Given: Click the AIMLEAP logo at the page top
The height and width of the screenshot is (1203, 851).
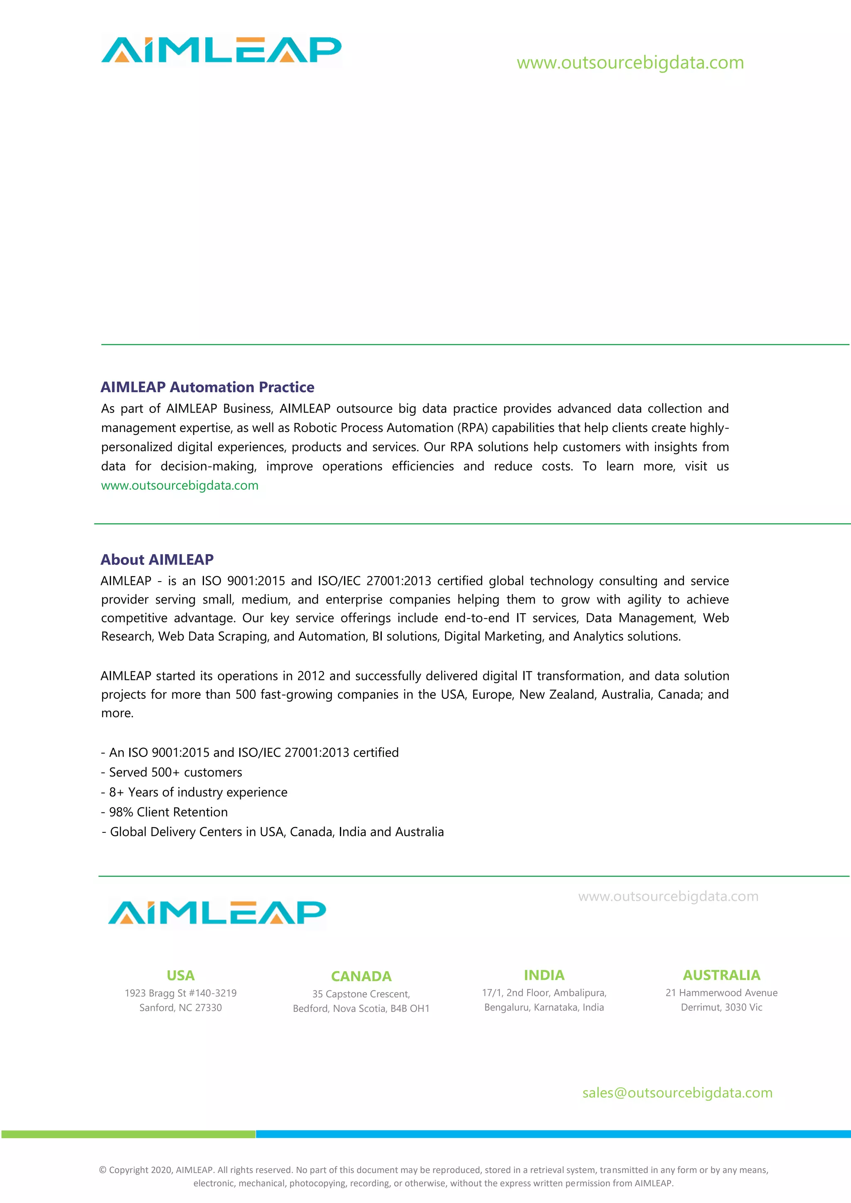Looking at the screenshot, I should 221,50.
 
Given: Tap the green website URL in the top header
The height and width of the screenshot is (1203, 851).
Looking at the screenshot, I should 630,63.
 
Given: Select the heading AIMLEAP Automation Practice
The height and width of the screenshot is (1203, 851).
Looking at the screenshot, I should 207,387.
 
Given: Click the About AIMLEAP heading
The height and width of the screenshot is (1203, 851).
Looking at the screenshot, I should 157,560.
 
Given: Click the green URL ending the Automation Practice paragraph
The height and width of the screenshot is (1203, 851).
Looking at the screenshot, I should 180,486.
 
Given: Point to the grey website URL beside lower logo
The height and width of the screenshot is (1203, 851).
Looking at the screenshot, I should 668,896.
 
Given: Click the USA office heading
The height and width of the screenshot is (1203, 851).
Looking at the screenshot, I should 180,976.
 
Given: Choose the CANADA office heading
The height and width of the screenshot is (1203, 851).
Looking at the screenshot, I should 361,977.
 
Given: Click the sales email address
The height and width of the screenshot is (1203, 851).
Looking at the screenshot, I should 677,1093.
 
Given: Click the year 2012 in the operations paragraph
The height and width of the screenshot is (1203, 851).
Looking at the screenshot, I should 311,676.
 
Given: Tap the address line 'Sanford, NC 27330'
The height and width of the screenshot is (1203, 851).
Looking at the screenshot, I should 180,1008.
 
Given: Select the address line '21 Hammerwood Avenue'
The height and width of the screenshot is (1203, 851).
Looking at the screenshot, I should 721,993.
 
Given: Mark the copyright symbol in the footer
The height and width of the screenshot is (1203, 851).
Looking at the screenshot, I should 103,1170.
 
